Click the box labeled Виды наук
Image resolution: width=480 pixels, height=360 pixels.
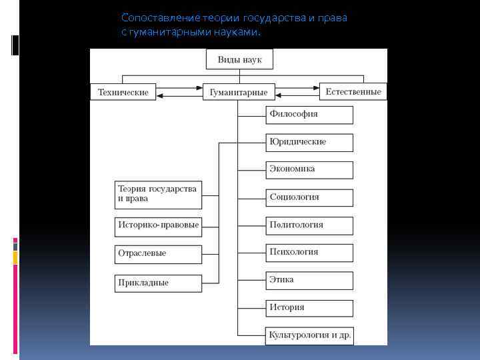coord(239,59)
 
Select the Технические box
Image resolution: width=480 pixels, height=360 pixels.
coord(123,92)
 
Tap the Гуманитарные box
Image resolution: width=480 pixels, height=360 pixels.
coord(238,92)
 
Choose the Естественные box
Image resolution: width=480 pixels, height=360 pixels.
coord(353,91)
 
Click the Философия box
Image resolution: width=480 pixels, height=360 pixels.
coord(309,114)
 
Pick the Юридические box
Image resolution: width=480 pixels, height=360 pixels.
coord(309,142)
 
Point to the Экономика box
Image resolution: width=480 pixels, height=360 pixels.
coord(309,169)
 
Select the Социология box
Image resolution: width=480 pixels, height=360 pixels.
coord(309,197)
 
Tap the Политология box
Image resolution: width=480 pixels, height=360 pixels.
coord(309,225)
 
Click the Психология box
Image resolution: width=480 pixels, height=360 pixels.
coord(309,252)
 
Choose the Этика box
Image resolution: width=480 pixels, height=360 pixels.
coord(309,280)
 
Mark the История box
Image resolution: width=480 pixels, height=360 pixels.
coord(309,307)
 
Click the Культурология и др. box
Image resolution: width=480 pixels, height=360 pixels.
coord(309,335)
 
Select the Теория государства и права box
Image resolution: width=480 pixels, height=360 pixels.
coord(158,193)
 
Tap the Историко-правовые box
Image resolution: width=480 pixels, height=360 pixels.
coord(158,225)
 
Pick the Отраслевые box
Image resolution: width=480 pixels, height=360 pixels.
coord(158,254)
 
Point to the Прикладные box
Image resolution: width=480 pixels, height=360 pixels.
coord(158,283)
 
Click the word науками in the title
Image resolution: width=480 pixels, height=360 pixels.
coord(239,32)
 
